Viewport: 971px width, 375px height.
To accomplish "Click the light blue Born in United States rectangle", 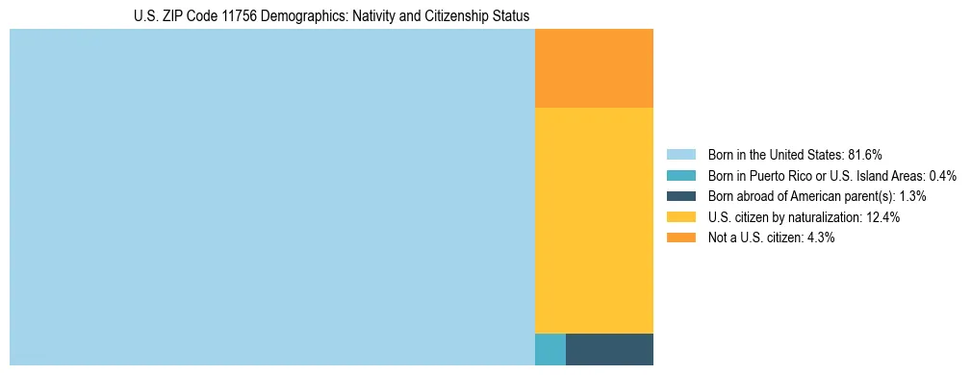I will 271,197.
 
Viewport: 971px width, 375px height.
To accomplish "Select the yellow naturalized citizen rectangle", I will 594,220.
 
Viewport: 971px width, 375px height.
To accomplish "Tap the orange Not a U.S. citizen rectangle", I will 594,68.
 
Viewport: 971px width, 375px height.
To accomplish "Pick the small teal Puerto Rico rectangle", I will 549,349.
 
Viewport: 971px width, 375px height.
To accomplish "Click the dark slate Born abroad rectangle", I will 609,349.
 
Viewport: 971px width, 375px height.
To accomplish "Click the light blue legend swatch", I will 680,154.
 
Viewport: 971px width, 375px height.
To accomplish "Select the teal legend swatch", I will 680,175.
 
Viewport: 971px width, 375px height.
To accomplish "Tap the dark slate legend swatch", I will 680,196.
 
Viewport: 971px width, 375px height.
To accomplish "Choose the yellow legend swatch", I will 680,217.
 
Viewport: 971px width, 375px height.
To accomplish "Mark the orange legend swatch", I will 680,237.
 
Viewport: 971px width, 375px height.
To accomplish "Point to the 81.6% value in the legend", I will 865,154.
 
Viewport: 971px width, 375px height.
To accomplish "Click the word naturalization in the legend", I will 822,217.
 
